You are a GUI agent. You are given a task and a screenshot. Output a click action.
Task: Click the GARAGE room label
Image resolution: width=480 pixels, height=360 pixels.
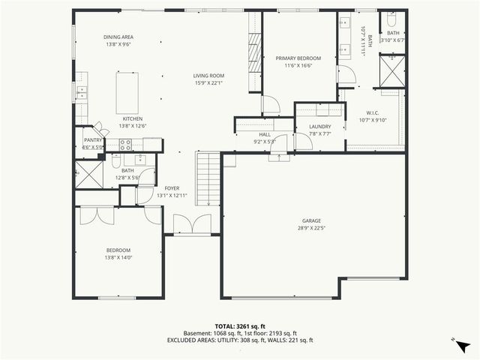click(311, 220)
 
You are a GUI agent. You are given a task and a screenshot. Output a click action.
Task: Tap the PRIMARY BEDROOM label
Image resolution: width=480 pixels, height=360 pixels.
click(298, 58)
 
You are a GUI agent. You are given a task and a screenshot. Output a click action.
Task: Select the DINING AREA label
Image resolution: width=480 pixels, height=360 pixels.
click(118, 37)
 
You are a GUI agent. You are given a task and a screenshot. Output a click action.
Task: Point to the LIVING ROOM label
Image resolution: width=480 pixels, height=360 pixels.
click(208, 76)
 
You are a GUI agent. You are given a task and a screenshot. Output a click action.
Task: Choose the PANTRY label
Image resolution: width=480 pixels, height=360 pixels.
click(93, 139)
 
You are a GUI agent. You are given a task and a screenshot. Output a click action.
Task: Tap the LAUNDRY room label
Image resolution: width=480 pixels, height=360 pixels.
click(320, 127)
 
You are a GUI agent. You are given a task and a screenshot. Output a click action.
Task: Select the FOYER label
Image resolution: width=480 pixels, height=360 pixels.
click(172, 188)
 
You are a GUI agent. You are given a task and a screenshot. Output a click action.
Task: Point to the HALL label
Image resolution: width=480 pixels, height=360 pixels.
click(265, 134)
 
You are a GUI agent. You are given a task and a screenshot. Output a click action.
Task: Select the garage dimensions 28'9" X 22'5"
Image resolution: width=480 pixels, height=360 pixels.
click(311, 228)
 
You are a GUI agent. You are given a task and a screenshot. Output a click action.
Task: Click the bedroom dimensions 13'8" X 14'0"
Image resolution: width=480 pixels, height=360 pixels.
click(118, 257)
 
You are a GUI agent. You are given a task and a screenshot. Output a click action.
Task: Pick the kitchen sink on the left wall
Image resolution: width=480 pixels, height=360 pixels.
click(80, 91)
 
